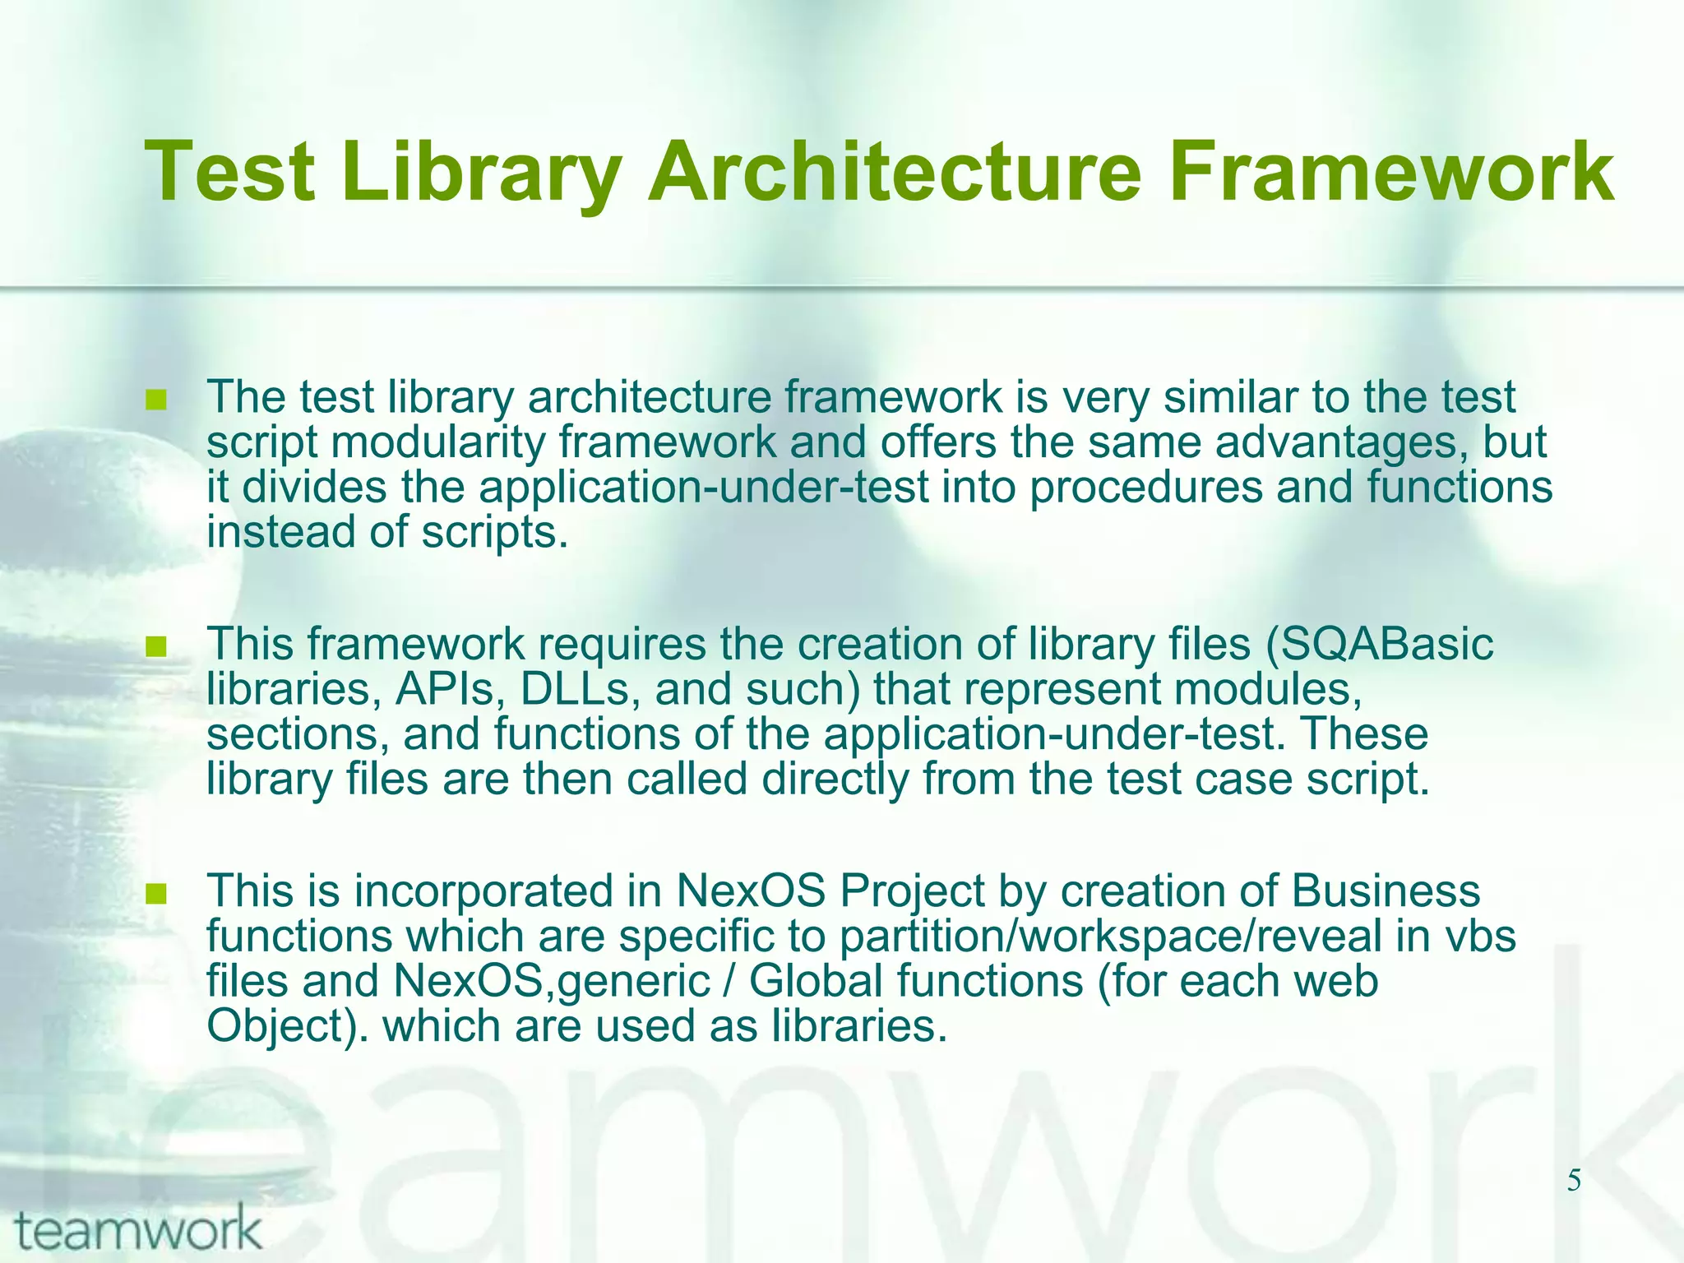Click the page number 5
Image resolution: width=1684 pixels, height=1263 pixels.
coord(1573,1182)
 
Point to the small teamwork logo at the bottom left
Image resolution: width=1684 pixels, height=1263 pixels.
coord(138,1231)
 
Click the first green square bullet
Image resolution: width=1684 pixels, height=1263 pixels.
coord(155,401)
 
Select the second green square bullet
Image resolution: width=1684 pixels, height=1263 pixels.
coord(155,648)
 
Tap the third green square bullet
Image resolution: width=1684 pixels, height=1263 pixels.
coord(155,894)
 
